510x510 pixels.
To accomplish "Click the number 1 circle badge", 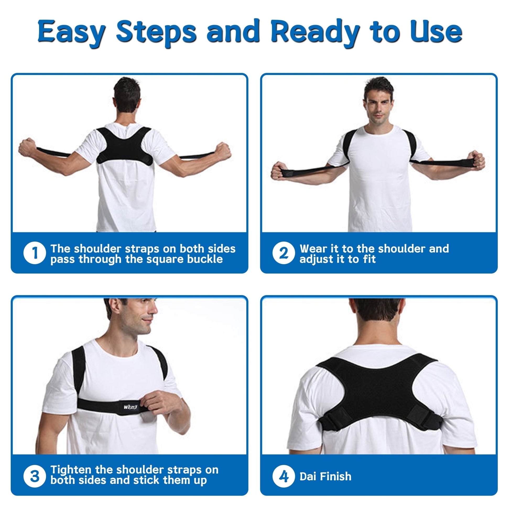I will [x=35, y=253].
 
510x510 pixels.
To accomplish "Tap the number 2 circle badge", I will [x=284, y=253].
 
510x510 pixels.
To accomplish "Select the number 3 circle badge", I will [x=35, y=477].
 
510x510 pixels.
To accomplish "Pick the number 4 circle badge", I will [x=284, y=477].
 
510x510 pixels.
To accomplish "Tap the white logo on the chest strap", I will [x=131, y=414].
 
